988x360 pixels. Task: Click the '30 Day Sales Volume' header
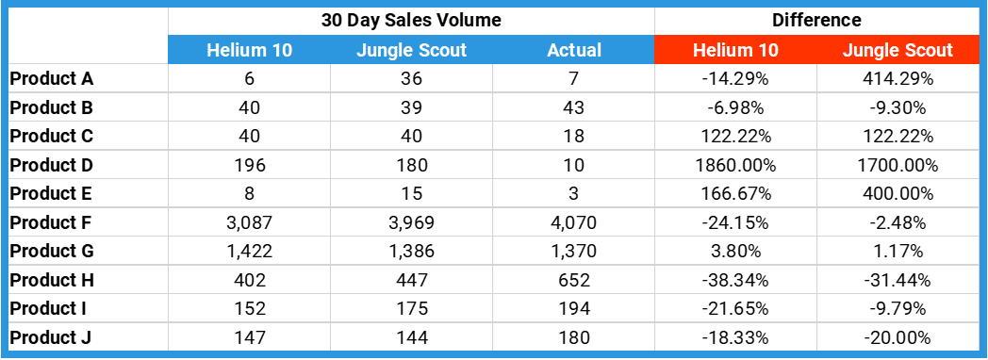click(411, 20)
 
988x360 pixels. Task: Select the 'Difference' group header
click(816, 20)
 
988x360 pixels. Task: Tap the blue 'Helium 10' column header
click(249, 51)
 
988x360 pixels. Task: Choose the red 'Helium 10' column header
click(735, 51)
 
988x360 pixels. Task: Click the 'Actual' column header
click(574, 51)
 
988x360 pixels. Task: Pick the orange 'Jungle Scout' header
click(897, 51)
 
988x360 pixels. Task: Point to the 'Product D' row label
click(52, 166)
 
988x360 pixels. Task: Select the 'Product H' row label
click(52, 280)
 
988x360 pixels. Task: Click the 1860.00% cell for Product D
click(735, 166)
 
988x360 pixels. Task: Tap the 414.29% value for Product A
click(897, 79)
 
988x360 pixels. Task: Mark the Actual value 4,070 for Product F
click(574, 223)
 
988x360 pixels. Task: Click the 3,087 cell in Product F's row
click(249, 223)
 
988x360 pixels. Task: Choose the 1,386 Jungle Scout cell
click(411, 252)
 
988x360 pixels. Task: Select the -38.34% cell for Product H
click(735, 280)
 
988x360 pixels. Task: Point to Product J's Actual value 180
click(574, 337)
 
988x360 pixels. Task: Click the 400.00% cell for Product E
click(897, 194)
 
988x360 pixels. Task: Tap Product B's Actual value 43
click(574, 108)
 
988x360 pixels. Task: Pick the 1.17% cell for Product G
click(897, 252)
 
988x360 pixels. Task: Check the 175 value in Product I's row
click(411, 309)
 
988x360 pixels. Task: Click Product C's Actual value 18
click(574, 137)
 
